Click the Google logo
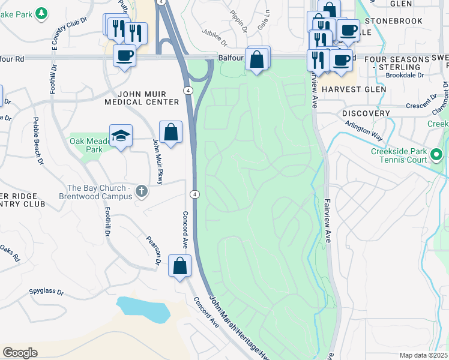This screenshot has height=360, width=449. (20, 353)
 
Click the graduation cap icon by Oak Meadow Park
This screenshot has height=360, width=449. (121, 136)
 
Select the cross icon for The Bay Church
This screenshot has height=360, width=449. (141, 191)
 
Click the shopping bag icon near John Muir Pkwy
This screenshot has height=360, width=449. (170, 132)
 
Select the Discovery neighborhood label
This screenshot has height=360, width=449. (366, 113)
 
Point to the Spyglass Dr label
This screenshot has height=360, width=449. (46, 292)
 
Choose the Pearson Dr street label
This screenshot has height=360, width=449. (154, 250)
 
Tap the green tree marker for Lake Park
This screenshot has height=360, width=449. (41, 13)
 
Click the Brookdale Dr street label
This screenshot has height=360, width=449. (404, 75)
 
